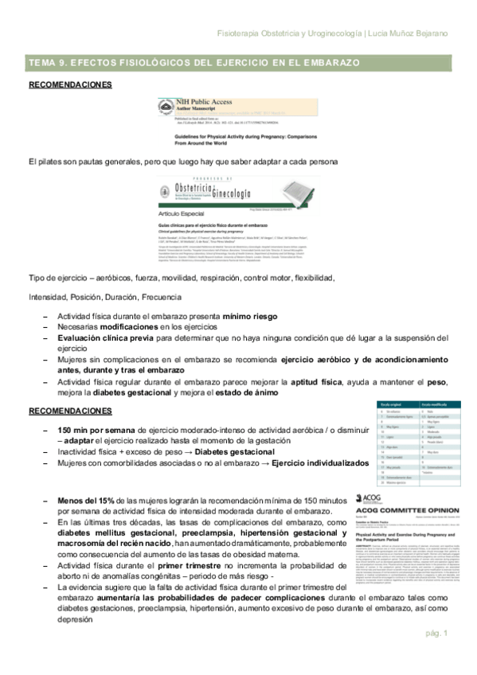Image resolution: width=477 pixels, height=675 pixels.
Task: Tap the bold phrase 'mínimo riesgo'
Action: pyautogui.click(x=248, y=316)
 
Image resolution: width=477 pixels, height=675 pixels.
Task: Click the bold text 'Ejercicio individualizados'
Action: pyautogui.click(x=330, y=462)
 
